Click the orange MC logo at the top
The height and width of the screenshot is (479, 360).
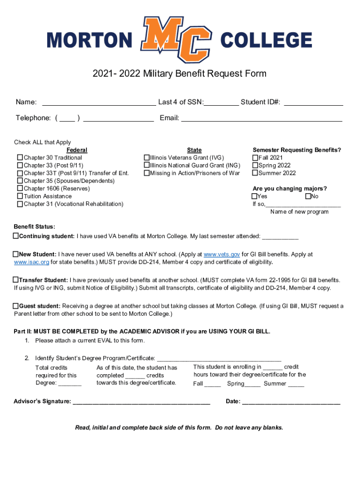176,39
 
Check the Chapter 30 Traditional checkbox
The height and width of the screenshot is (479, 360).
20,158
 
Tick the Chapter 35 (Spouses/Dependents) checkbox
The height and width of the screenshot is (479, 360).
20,181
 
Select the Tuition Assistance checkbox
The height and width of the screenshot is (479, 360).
20,196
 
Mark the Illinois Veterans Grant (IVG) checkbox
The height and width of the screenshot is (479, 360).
146,158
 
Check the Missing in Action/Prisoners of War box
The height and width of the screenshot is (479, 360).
146,173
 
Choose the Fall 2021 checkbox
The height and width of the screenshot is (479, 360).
255,158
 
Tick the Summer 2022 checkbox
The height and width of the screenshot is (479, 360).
255,173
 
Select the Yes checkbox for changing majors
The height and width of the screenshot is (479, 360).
254,196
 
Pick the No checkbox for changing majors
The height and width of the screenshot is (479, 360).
308,196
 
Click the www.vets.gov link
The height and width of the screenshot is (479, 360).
222,254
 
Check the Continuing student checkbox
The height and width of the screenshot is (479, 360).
16,236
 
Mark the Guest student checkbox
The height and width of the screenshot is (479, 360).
16,306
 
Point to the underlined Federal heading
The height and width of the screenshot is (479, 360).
77,150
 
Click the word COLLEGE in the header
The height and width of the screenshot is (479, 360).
266,40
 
